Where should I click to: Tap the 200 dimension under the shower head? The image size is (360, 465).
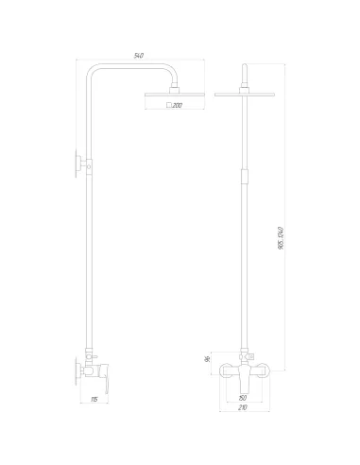click(x=177, y=106)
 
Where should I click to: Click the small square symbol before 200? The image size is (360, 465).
click(x=168, y=106)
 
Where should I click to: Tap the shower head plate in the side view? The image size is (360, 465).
click(x=171, y=95)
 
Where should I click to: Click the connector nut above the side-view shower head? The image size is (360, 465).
click(x=171, y=87)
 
